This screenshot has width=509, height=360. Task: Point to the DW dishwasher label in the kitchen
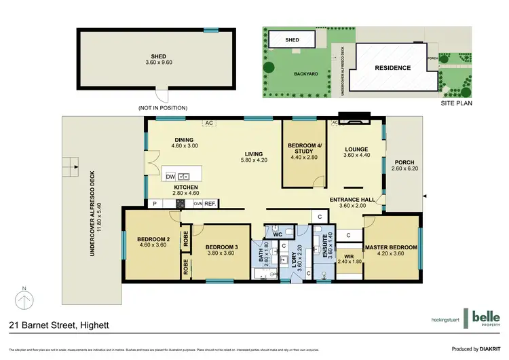[170, 177]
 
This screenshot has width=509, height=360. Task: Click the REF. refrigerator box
[210, 203]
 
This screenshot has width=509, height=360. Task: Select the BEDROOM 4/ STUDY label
[304, 149]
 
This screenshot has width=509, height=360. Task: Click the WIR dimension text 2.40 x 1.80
[350, 261]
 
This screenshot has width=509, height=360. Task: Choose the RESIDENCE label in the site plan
[392, 68]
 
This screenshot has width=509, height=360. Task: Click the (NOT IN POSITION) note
[162, 108]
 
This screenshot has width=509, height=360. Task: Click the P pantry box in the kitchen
[154, 203]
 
